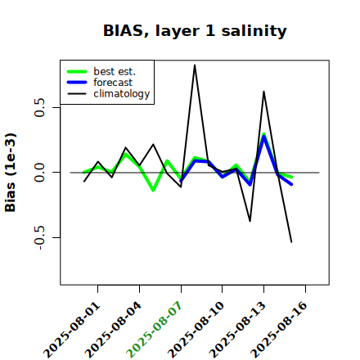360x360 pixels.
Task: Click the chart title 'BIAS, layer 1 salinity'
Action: click(195, 30)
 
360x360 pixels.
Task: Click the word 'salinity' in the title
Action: click(254, 30)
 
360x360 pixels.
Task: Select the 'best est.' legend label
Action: click(115, 71)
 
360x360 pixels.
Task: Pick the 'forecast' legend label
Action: click(113, 83)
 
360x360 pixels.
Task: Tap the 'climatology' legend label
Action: click(122, 94)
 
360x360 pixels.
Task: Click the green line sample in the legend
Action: click(77, 71)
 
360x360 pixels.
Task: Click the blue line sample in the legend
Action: click(77, 83)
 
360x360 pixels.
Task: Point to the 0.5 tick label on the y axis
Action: click(40, 107)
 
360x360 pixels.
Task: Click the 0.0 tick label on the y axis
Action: click(40, 173)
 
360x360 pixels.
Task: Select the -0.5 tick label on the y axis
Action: click(40, 237)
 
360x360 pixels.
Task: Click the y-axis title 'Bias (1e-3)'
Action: click(10, 173)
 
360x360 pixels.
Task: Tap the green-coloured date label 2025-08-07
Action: click(154, 330)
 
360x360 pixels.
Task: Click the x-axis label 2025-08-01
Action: click(71, 330)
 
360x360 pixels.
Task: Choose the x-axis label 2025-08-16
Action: click(279, 330)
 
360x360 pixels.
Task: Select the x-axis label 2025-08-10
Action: click(196, 330)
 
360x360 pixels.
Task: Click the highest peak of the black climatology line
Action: click(195, 65)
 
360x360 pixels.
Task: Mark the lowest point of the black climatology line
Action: click(291, 242)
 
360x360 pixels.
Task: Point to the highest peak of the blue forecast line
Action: click(263, 136)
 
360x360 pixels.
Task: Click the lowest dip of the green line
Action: click(153, 191)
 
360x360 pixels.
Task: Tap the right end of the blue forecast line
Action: click(291, 185)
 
